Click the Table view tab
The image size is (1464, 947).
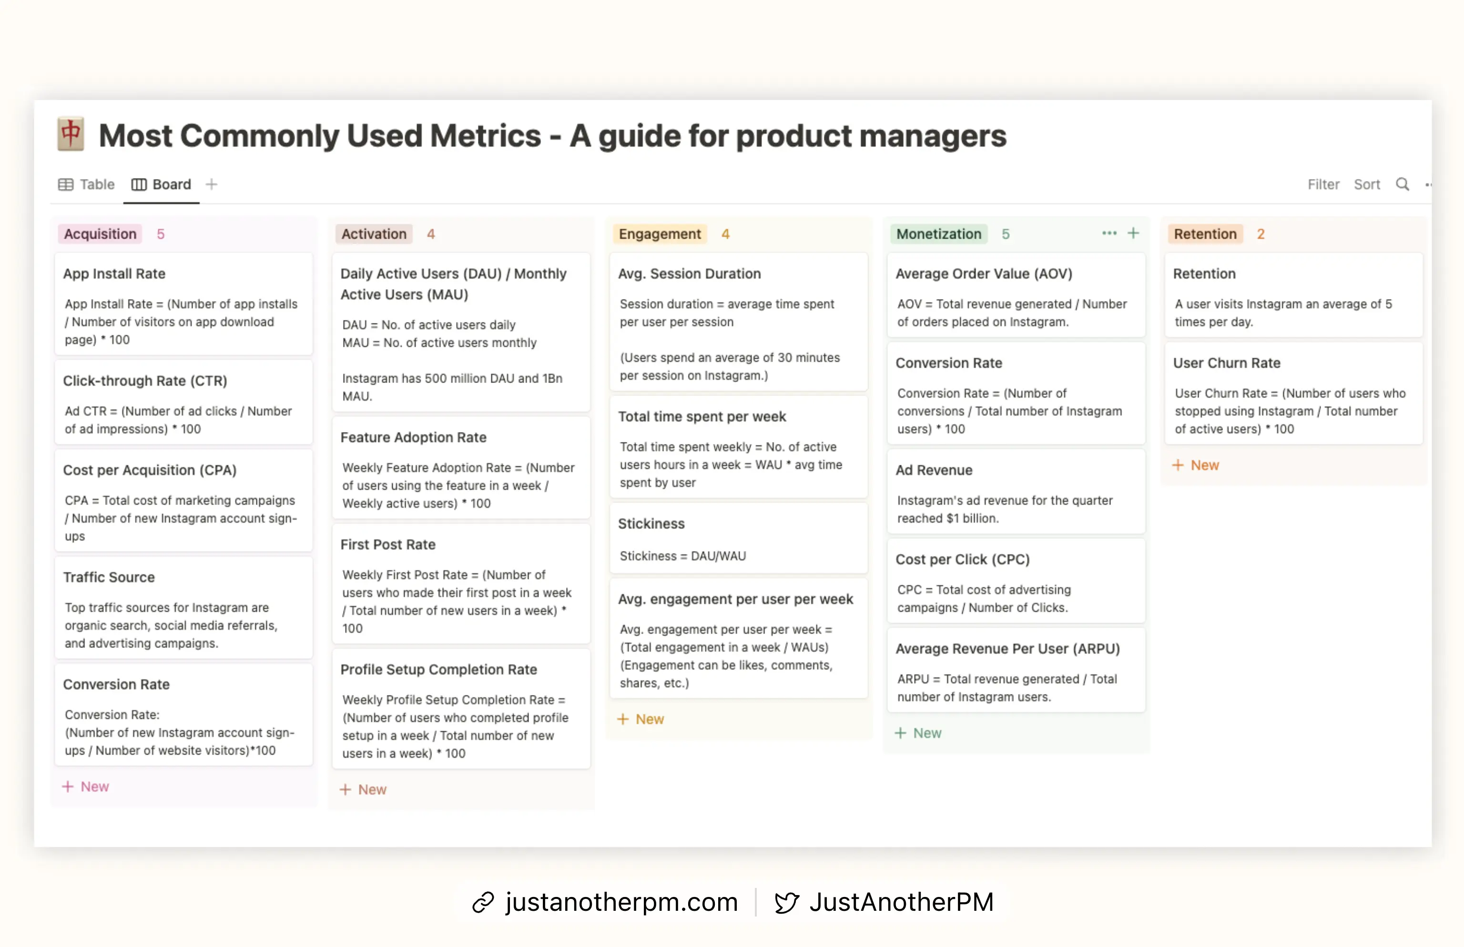[x=87, y=184]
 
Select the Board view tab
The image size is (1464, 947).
[x=162, y=184]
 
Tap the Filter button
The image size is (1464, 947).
[x=1322, y=184]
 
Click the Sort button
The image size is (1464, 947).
[x=1366, y=184]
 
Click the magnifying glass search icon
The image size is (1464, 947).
[x=1402, y=184]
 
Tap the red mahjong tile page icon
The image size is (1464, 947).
[x=71, y=134]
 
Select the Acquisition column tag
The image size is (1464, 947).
[x=100, y=234]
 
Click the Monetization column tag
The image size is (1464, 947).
[x=938, y=234]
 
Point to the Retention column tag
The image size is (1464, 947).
[x=1204, y=234]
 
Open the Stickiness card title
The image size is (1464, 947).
[x=651, y=524]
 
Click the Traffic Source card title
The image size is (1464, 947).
[x=109, y=577]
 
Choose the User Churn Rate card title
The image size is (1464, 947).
[x=1226, y=363]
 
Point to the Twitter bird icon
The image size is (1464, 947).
[x=786, y=903]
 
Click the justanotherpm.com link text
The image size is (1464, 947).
[x=621, y=903]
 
